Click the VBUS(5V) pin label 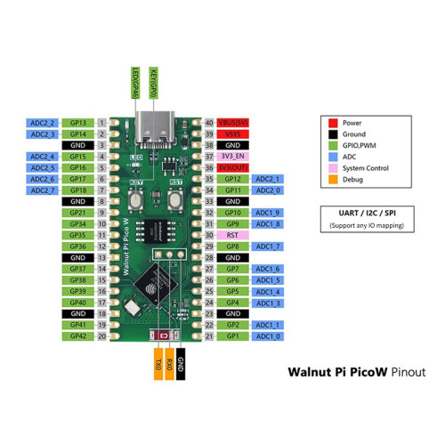click(x=233, y=122)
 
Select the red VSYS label click(x=233, y=133)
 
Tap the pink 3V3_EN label click(x=233, y=156)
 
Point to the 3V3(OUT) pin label click(x=233, y=167)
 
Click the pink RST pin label click(x=233, y=235)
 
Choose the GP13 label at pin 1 click(x=78, y=122)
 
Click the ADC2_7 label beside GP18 click(x=43, y=190)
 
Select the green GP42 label click(x=78, y=336)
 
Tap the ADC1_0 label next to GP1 click(x=268, y=336)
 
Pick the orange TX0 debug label click(x=158, y=365)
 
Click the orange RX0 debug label click(x=169, y=365)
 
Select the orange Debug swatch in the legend click(x=332, y=179)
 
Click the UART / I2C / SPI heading click(x=367, y=214)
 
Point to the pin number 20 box click(x=102, y=336)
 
